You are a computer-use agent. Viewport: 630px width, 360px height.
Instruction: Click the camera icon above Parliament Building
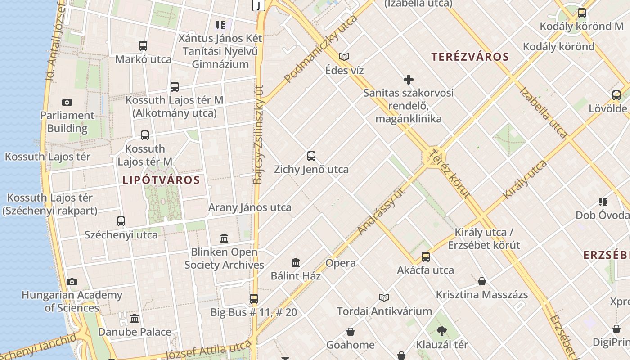pos(67,103)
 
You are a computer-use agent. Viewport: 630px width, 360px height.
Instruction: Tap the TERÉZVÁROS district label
pos(470,57)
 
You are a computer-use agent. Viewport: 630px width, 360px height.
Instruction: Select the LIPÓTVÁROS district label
pos(161,180)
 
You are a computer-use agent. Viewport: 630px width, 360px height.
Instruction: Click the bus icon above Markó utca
pos(143,46)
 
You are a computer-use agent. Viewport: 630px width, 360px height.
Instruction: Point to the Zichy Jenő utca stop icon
pos(311,156)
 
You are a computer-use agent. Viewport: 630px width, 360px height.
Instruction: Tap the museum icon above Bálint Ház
pos(296,262)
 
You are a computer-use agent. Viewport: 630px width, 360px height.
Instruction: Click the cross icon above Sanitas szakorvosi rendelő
pos(408,80)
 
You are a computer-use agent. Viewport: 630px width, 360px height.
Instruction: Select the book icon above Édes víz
pos(344,57)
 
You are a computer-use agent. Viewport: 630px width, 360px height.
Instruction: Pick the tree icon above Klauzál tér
pos(442,332)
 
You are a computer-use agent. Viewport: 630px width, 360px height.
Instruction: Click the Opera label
pos(341,263)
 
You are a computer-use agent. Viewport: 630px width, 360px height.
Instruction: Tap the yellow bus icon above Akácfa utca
pos(425,257)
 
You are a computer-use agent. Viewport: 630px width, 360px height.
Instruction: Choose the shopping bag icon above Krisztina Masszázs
pos(482,282)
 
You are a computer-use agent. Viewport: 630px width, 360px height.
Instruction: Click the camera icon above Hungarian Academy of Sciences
pos(72,282)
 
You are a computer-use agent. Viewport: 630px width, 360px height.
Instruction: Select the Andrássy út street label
pos(382,211)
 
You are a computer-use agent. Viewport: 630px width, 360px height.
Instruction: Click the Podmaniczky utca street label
pos(320,49)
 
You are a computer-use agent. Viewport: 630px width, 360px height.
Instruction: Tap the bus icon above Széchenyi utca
pos(121,221)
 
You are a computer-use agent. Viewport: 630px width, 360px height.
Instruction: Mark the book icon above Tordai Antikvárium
pos(384,297)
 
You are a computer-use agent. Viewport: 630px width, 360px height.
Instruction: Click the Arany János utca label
pos(250,208)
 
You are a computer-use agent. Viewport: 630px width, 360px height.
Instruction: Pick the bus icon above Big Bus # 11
pos(254,299)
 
